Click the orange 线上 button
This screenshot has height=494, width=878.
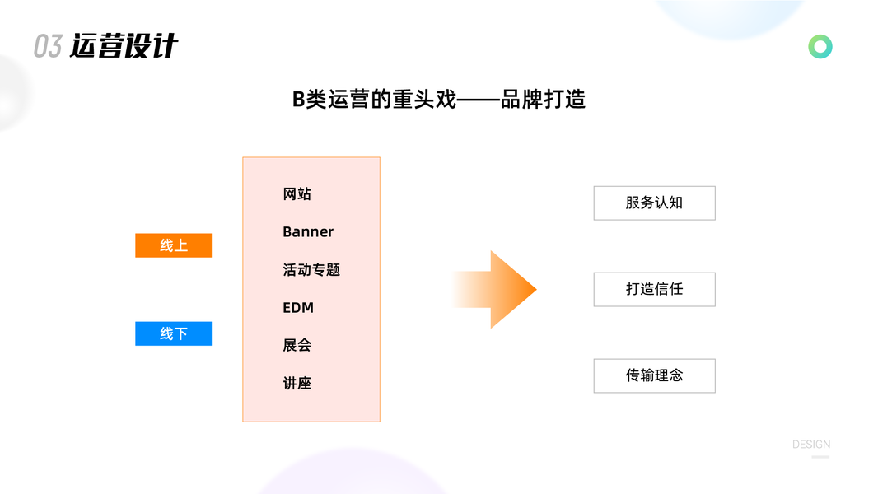(174, 245)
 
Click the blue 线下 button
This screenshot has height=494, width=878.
(174, 333)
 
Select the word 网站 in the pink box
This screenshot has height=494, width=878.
(297, 194)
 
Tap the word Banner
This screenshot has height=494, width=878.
(308, 232)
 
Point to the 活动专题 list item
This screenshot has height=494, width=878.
(311, 270)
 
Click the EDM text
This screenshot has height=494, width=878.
(298, 308)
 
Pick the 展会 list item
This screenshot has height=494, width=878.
(297, 346)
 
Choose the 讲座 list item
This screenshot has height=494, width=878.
(297, 384)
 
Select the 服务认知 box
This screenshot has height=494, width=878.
(654, 203)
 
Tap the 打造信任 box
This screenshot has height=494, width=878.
(654, 290)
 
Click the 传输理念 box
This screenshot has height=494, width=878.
(654, 375)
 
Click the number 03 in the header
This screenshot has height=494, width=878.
(48, 47)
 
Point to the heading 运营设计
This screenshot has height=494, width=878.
(124, 46)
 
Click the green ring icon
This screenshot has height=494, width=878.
(820, 47)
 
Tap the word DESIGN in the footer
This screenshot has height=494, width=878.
(811, 445)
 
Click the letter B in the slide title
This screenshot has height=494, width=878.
(298, 100)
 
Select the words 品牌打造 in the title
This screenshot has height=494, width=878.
(544, 100)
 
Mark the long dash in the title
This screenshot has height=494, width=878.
(478, 100)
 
